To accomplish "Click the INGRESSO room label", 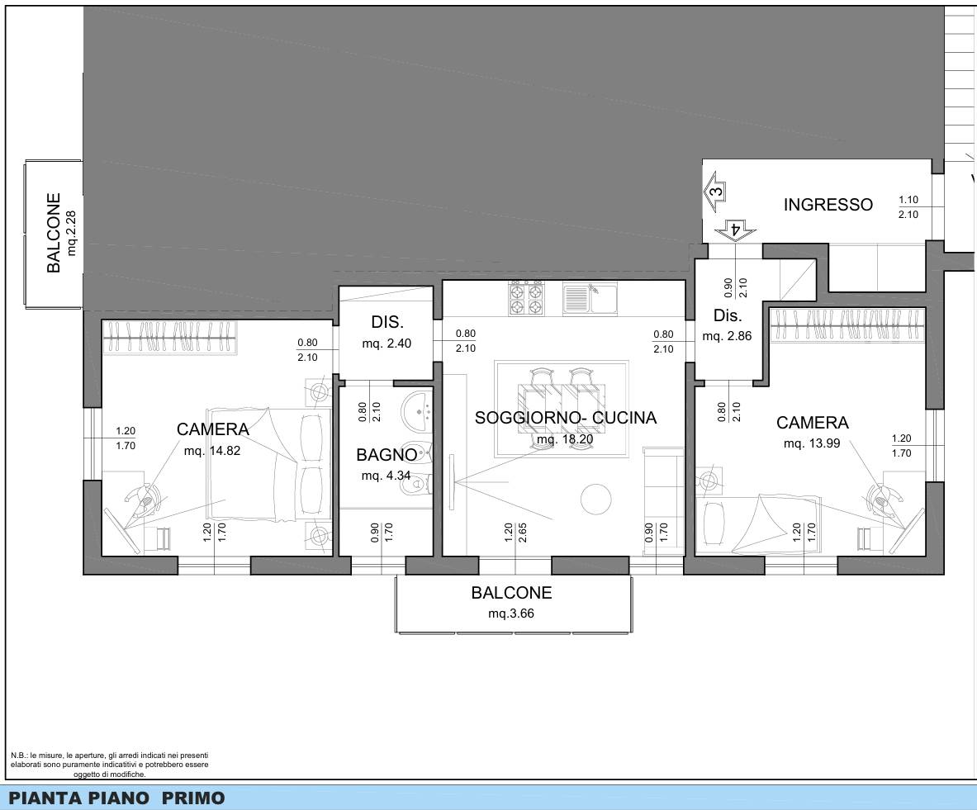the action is click(x=828, y=205).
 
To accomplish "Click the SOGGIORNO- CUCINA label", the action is click(x=566, y=418).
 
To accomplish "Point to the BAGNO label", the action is click(x=387, y=455).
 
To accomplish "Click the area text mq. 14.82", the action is click(x=212, y=451).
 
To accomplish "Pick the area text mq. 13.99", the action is click(x=812, y=443).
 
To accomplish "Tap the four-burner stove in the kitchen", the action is click(x=527, y=298).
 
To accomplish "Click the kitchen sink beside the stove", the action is click(x=590, y=298).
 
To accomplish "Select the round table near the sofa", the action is click(x=595, y=499).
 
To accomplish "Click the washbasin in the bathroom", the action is click(x=417, y=411).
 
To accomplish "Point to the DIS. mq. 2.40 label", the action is click(x=387, y=332).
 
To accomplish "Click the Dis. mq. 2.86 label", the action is click(x=727, y=324).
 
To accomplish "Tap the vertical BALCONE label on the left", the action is click(x=55, y=232).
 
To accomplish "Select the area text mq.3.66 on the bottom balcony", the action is click(x=511, y=613).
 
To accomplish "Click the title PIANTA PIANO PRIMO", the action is click(x=116, y=798).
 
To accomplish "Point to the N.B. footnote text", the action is click(x=110, y=765).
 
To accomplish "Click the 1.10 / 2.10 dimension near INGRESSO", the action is click(x=908, y=207).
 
